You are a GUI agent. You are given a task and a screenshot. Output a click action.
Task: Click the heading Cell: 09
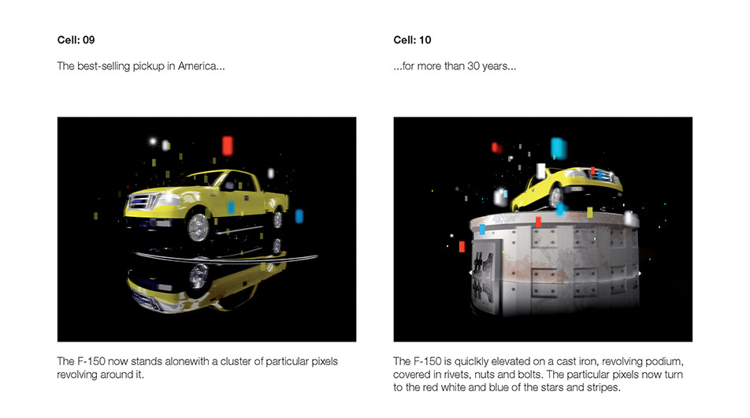[x=76, y=40]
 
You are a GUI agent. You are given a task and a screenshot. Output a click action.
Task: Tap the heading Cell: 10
[x=412, y=40]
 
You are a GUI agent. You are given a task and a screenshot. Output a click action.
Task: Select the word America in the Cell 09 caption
[x=197, y=66]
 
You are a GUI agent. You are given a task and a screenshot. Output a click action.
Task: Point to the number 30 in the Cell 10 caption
[x=473, y=66]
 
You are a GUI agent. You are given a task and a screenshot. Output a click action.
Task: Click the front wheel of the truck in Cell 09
[x=199, y=227]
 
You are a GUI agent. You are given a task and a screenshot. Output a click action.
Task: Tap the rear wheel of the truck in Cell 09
[x=277, y=219]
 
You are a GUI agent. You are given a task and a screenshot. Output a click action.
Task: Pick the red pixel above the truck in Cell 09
[x=228, y=146]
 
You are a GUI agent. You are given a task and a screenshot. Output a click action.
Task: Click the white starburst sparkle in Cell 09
[x=153, y=140]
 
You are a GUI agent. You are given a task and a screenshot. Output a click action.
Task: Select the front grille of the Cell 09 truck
[x=142, y=201]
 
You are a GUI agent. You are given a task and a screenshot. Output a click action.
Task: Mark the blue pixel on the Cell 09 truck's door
[x=231, y=207]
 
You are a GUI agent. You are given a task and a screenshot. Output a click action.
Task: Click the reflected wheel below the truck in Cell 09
[x=198, y=276]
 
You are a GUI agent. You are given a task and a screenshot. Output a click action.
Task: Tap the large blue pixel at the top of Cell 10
[x=558, y=148]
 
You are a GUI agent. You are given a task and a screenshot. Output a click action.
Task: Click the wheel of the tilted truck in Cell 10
[x=555, y=196]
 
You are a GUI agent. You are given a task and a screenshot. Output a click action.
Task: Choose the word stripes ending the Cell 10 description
[x=603, y=387]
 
